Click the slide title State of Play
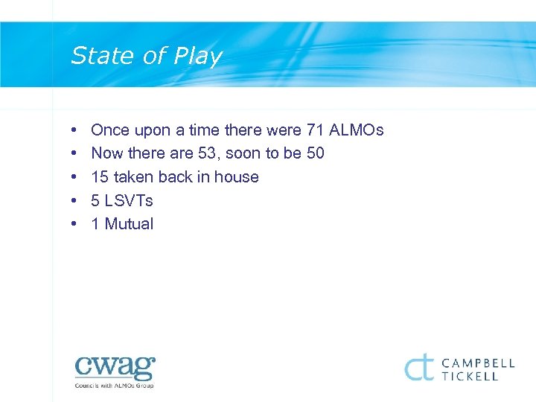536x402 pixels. click(x=146, y=57)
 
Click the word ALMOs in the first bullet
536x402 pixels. click(x=356, y=130)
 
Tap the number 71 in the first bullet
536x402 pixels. click(x=314, y=130)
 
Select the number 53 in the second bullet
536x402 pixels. click(x=208, y=153)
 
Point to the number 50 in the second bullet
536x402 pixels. click(x=315, y=153)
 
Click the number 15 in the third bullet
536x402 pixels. click(x=100, y=177)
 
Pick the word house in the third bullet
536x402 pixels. click(x=236, y=177)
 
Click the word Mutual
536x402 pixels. click(x=129, y=224)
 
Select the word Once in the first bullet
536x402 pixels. click(x=110, y=130)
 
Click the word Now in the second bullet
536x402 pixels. click(x=107, y=153)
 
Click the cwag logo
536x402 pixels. click(x=115, y=368)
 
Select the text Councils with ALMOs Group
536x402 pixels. click(x=115, y=386)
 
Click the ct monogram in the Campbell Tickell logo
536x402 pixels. click(x=419, y=367)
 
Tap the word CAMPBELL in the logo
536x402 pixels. click(x=478, y=363)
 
